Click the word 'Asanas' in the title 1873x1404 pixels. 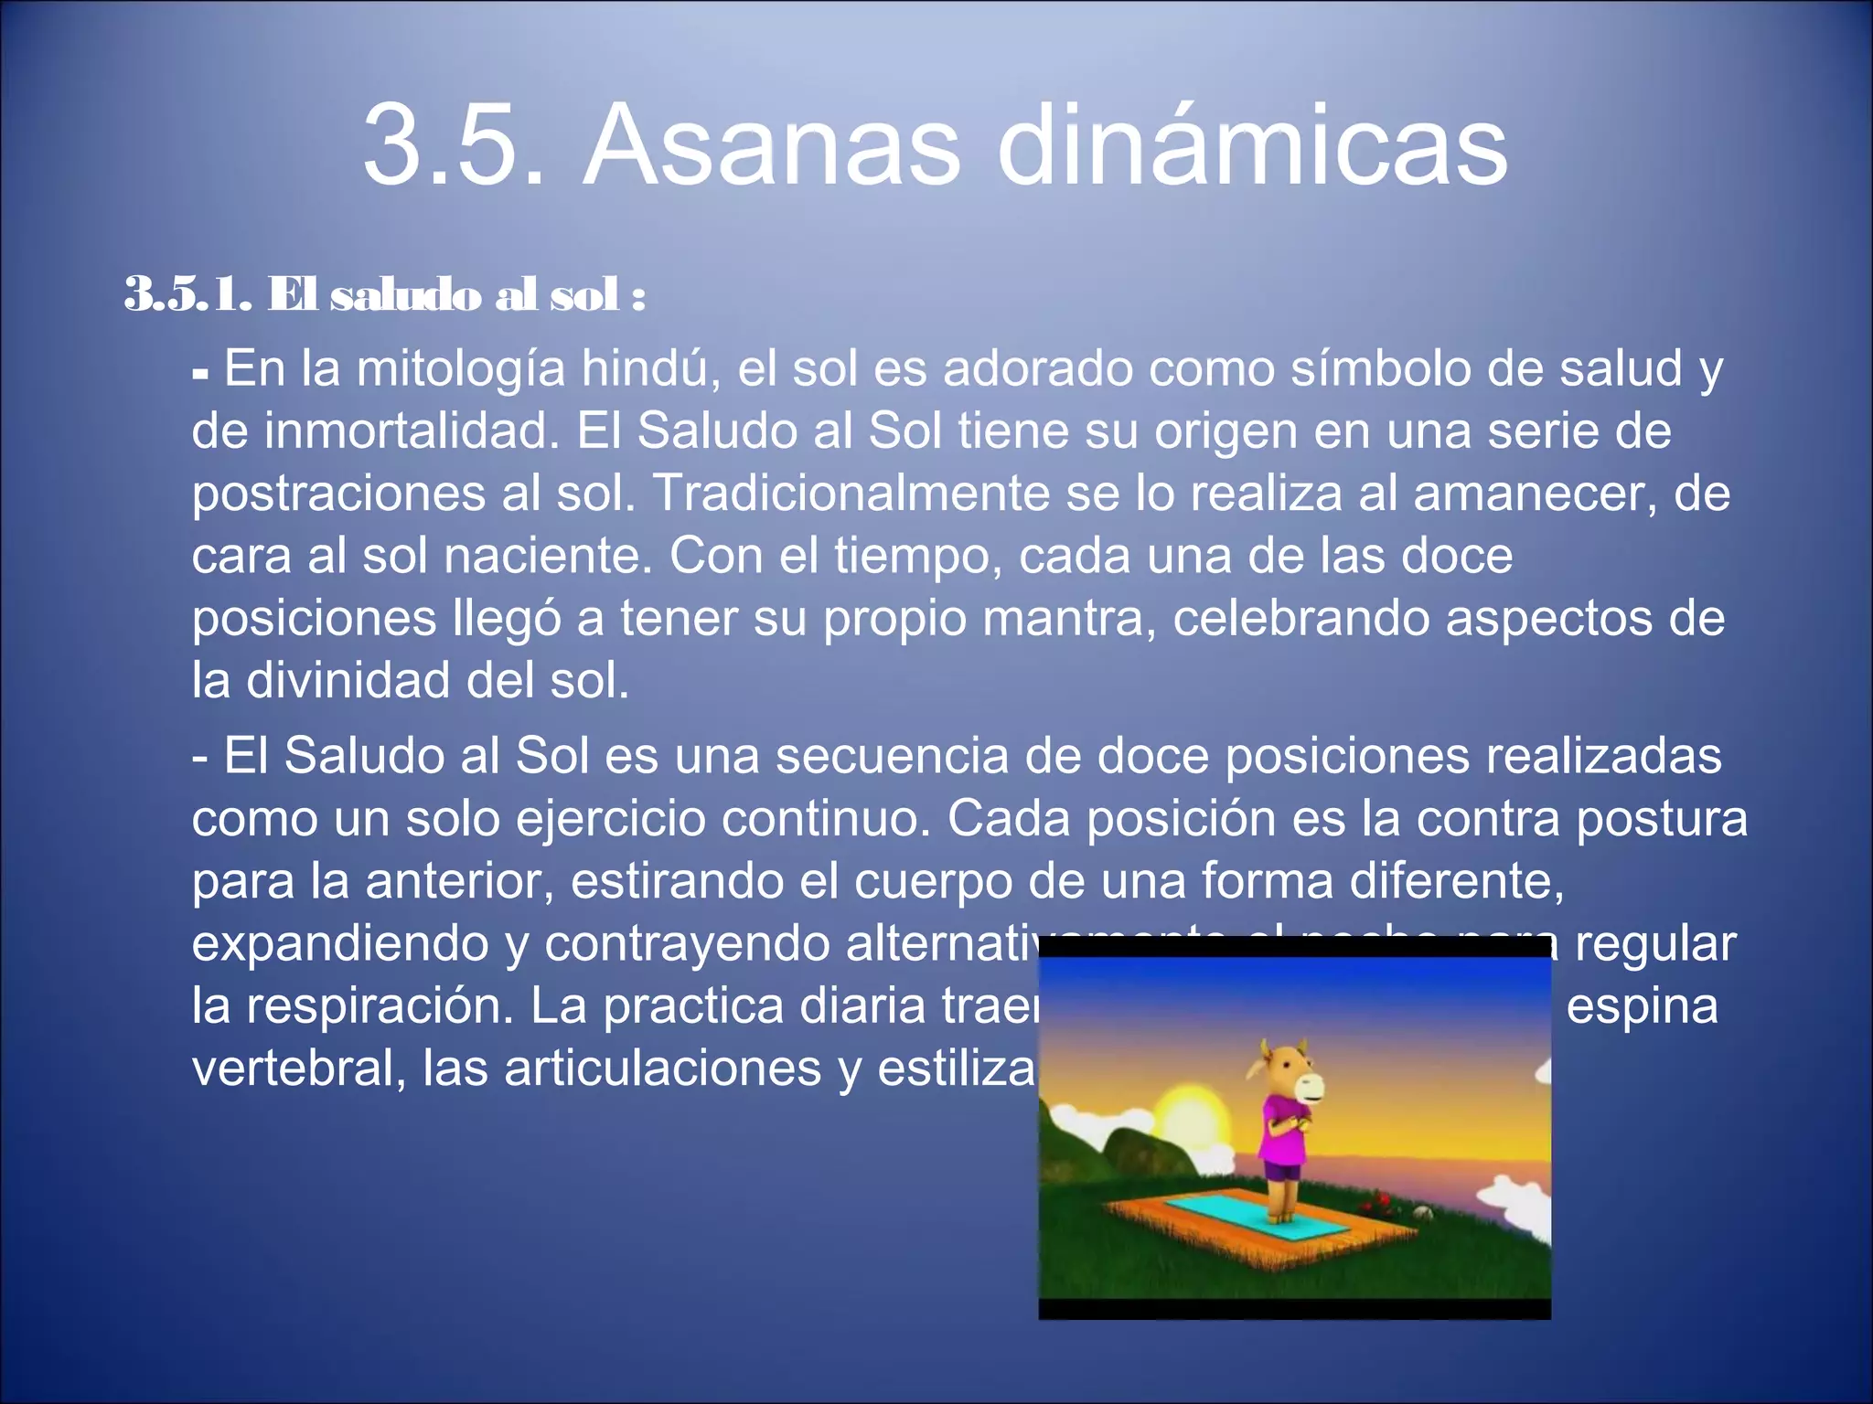[x=772, y=146]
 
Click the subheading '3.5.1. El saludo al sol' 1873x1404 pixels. [x=384, y=295]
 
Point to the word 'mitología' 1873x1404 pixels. [x=461, y=370]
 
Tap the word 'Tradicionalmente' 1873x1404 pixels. [x=851, y=493]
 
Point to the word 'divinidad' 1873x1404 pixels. [x=348, y=680]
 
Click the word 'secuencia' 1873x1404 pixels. [x=891, y=757]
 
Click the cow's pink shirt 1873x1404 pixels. [x=1284, y=1129]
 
